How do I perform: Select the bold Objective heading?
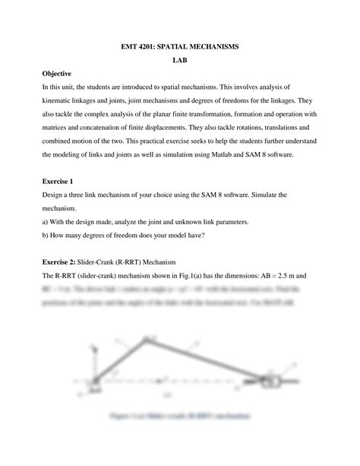(56, 74)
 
